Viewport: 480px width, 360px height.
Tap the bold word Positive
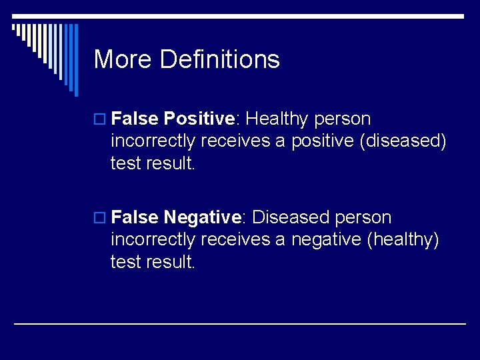point(199,119)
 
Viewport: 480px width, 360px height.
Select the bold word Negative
point(202,218)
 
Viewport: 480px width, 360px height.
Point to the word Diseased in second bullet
point(291,218)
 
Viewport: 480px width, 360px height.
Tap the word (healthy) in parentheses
point(403,240)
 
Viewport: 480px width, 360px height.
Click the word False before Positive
point(135,119)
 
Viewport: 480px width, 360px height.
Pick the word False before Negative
point(135,218)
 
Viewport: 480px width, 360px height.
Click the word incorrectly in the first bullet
point(154,141)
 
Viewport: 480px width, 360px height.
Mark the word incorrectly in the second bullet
point(154,240)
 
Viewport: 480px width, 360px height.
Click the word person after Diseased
point(363,218)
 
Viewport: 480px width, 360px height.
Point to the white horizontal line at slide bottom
point(240,323)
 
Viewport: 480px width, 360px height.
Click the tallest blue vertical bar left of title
point(75,60)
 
